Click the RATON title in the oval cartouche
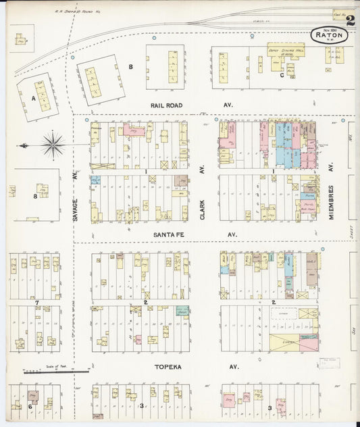point(328,36)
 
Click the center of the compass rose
point(53,144)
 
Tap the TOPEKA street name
point(168,366)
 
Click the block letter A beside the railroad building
point(32,97)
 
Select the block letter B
point(131,66)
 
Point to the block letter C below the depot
point(282,75)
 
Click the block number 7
point(38,302)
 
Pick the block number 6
point(30,406)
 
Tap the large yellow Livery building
point(286,343)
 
